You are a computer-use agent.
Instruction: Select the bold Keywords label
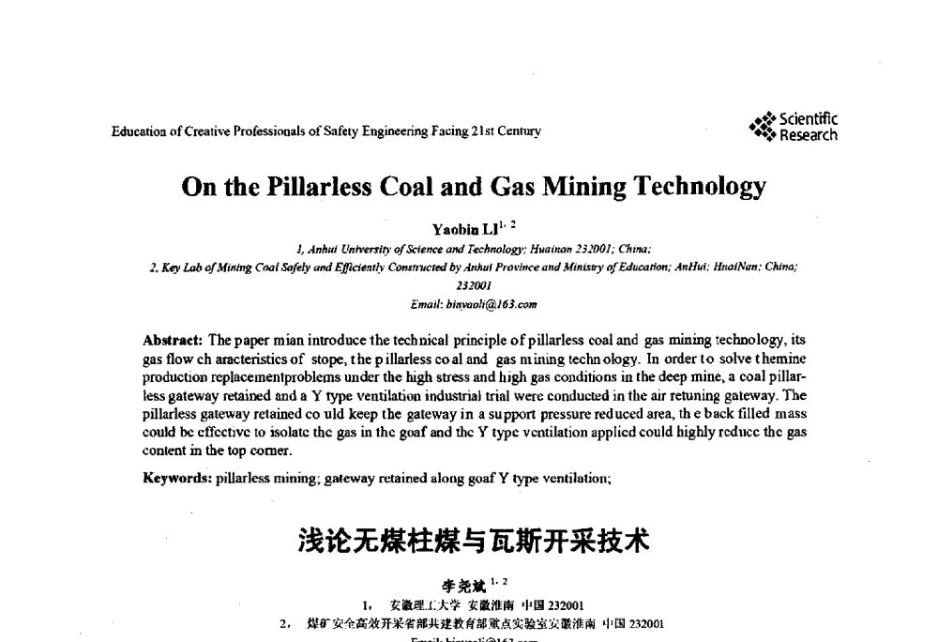(177, 478)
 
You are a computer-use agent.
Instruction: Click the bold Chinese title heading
(473, 541)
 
